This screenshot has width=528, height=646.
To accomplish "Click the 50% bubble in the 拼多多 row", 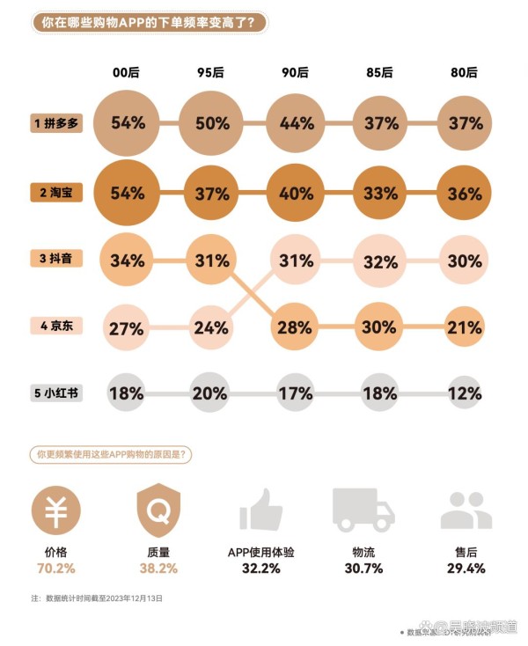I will tap(212, 123).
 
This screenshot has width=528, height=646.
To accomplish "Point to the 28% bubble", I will tap(296, 327).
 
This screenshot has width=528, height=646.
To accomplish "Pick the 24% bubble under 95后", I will tap(212, 327).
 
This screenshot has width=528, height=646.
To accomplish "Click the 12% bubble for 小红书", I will tap(464, 393).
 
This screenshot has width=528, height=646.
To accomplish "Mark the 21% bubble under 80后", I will tap(464, 327).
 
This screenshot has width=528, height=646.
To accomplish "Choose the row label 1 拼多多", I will tap(55, 123).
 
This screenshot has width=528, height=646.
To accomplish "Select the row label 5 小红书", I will tap(55, 393).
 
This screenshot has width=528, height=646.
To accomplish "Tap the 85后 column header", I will tap(380, 73).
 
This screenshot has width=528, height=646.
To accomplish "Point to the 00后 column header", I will tap(128, 73).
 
